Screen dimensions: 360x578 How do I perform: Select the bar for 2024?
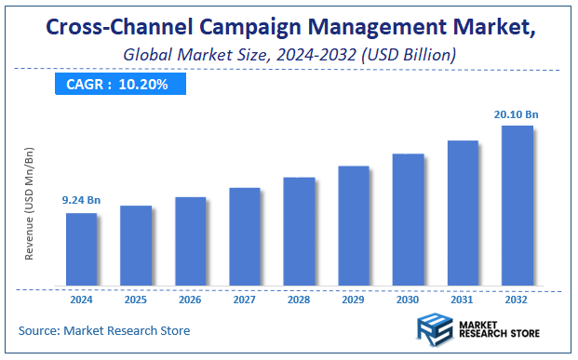[x=81, y=249]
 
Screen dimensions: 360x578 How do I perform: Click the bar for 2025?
[x=136, y=246]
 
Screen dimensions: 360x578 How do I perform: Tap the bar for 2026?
[x=190, y=241]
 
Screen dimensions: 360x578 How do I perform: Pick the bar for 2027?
[x=245, y=236]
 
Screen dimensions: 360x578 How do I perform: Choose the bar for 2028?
[x=299, y=232]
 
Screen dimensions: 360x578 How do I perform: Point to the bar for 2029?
[x=354, y=226]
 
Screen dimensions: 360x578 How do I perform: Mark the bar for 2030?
[x=408, y=220]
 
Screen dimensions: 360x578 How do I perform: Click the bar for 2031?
[x=463, y=213]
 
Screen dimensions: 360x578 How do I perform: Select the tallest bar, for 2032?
[x=518, y=206]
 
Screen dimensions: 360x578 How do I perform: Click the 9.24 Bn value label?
[x=82, y=199]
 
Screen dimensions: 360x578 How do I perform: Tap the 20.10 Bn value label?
[x=517, y=114]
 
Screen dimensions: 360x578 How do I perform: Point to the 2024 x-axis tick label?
[x=81, y=301]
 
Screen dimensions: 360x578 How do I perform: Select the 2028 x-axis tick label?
[x=299, y=301]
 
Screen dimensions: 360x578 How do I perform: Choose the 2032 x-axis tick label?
[x=518, y=301]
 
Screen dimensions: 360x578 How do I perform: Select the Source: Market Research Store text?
[x=104, y=330]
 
